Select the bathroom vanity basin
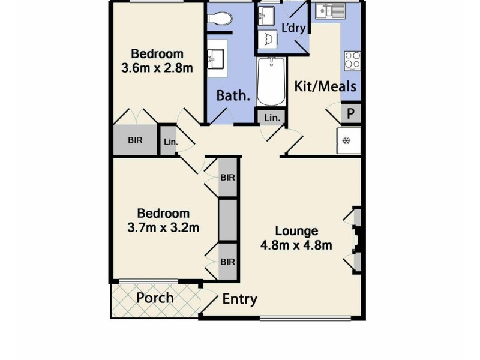(217, 58)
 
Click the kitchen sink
(328, 10)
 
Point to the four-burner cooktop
(352, 59)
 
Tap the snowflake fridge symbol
(346, 141)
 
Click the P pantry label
(352, 112)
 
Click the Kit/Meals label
(325, 86)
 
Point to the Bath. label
(233, 95)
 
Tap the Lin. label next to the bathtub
(272, 118)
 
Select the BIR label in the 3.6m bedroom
(135, 140)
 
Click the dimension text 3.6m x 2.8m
(157, 67)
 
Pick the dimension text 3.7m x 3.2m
(163, 227)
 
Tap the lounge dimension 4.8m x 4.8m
(296, 245)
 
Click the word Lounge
(296, 230)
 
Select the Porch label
(155, 298)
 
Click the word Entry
(240, 299)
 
